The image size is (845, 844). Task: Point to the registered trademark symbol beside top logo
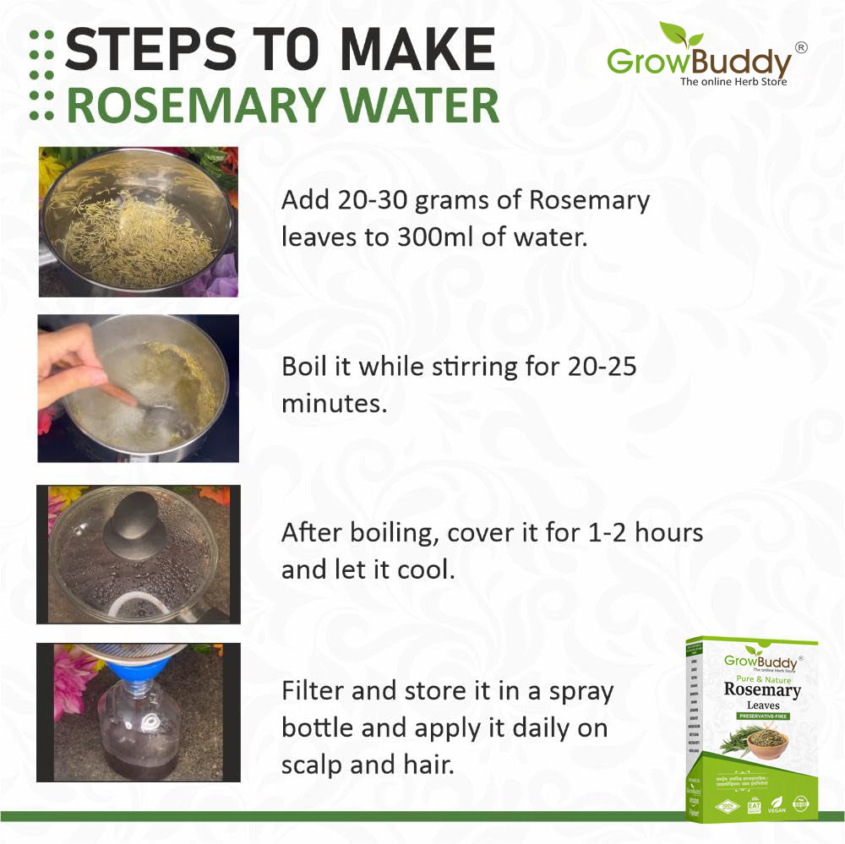click(x=801, y=47)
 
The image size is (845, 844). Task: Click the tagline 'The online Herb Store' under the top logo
click(x=733, y=82)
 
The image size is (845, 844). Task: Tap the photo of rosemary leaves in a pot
click(x=138, y=221)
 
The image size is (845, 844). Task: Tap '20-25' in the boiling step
click(x=601, y=368)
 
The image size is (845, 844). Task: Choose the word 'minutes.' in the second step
click(x=334, y=404)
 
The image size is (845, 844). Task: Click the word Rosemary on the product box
click(x=761, y=689)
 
